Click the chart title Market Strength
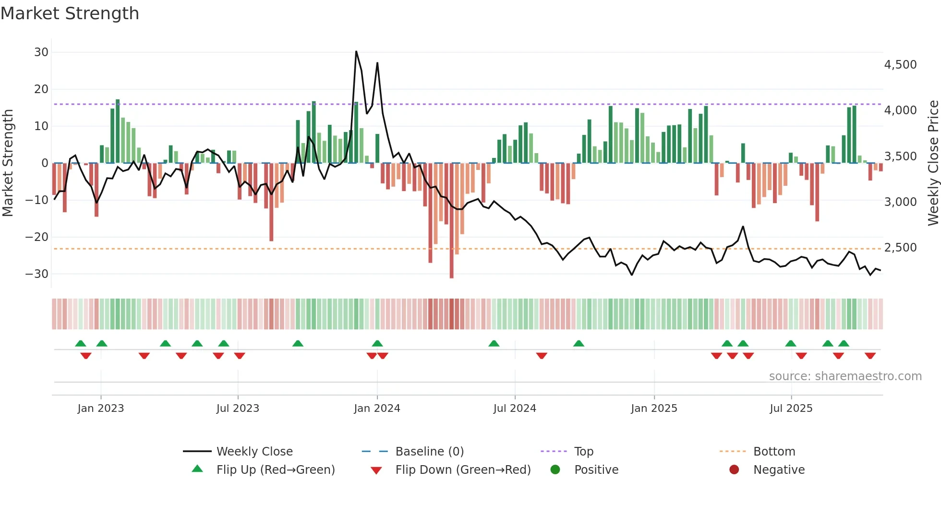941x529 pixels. [x=70, y=13]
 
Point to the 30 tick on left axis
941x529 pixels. [x=41, y=52]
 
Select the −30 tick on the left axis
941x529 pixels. [x=37, y=274]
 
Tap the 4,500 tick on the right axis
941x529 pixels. [x=900, y=65]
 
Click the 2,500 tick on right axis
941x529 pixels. [x=900, y=248]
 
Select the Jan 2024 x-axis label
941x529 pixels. [x=377, y=409]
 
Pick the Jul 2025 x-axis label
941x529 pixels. [x=791, y=409]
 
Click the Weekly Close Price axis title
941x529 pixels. [x=933, y=163]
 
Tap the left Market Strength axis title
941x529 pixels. [x=8, y=163]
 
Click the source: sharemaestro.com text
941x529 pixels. [x=845, y=376]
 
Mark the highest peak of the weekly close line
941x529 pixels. [x=356, y=51]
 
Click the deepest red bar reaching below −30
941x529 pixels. [x=451, y=276]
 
